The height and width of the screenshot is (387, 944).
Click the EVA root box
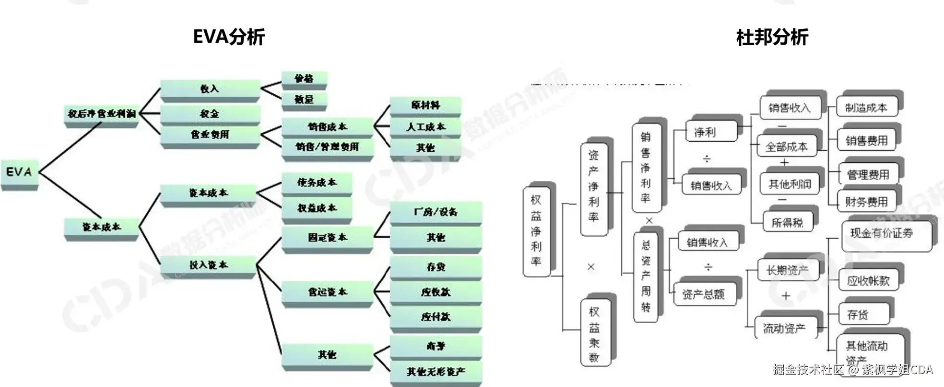pyautogui.click(x=19, y=172)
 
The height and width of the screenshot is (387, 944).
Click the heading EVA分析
pyautogui.click(x=229, y=36)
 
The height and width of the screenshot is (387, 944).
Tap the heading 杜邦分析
pyautogui.click(x=772, y=37)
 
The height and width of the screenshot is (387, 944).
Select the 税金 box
pyautogui.click(x=210, y=114)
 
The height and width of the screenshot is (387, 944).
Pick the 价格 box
pyautogui.click(x=304, y=79)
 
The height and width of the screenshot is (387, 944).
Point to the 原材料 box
pyautogui.click(x=425, y=105)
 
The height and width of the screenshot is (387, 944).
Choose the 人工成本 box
pyautogui.click(x=425, y=127)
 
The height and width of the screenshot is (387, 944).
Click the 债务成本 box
pyautogui.click(x=317, y=182)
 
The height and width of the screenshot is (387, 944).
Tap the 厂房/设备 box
pyautogui.click(x=436, y=212)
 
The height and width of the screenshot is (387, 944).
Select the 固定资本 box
pyautogui.click(x=327, y=238)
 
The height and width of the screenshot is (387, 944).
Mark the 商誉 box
pyautogui.click(x=436, y=346)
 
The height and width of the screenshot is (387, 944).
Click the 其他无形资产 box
pyautogui.click(x=436, y=372)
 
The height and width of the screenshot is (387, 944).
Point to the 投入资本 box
pyautogui.click(x=208, y=265)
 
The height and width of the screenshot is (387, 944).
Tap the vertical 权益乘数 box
pyautogui.click(x=594, y=333)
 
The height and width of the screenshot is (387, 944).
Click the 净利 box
pyautogui.click(x=705, y=132)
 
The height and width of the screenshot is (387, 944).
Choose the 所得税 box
pyautogui.click(x=787, y=222)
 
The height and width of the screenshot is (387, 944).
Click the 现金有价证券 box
pyautogui.click(x=882, y=233)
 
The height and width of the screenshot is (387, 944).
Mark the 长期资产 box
pyautogui.click(x=787, y=271)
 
